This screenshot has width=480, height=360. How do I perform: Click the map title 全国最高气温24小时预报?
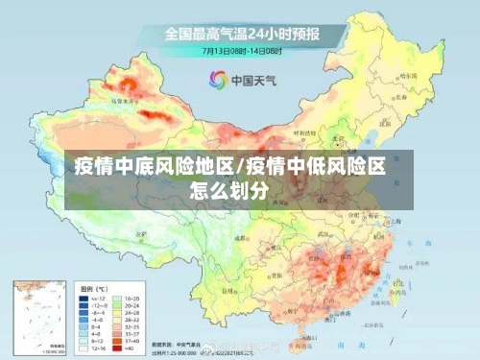(x=241, y=33)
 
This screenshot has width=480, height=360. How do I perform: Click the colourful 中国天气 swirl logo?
(x=217, y=79)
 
